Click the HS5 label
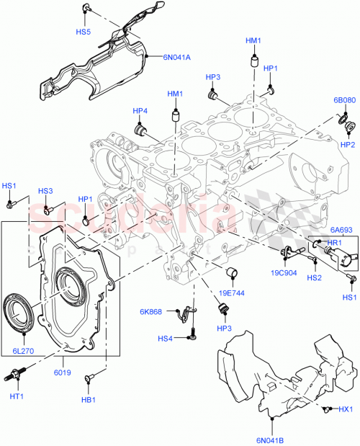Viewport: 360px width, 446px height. click(x=84, y=32)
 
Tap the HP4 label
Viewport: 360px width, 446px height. click(x=140, y=111)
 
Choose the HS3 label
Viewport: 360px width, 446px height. click(x=46, y=191)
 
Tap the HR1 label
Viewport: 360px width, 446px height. click(x=334, y=243)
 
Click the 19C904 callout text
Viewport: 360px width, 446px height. click(x=284, y=273)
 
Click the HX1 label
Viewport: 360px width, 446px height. click(x=346, y=410)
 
